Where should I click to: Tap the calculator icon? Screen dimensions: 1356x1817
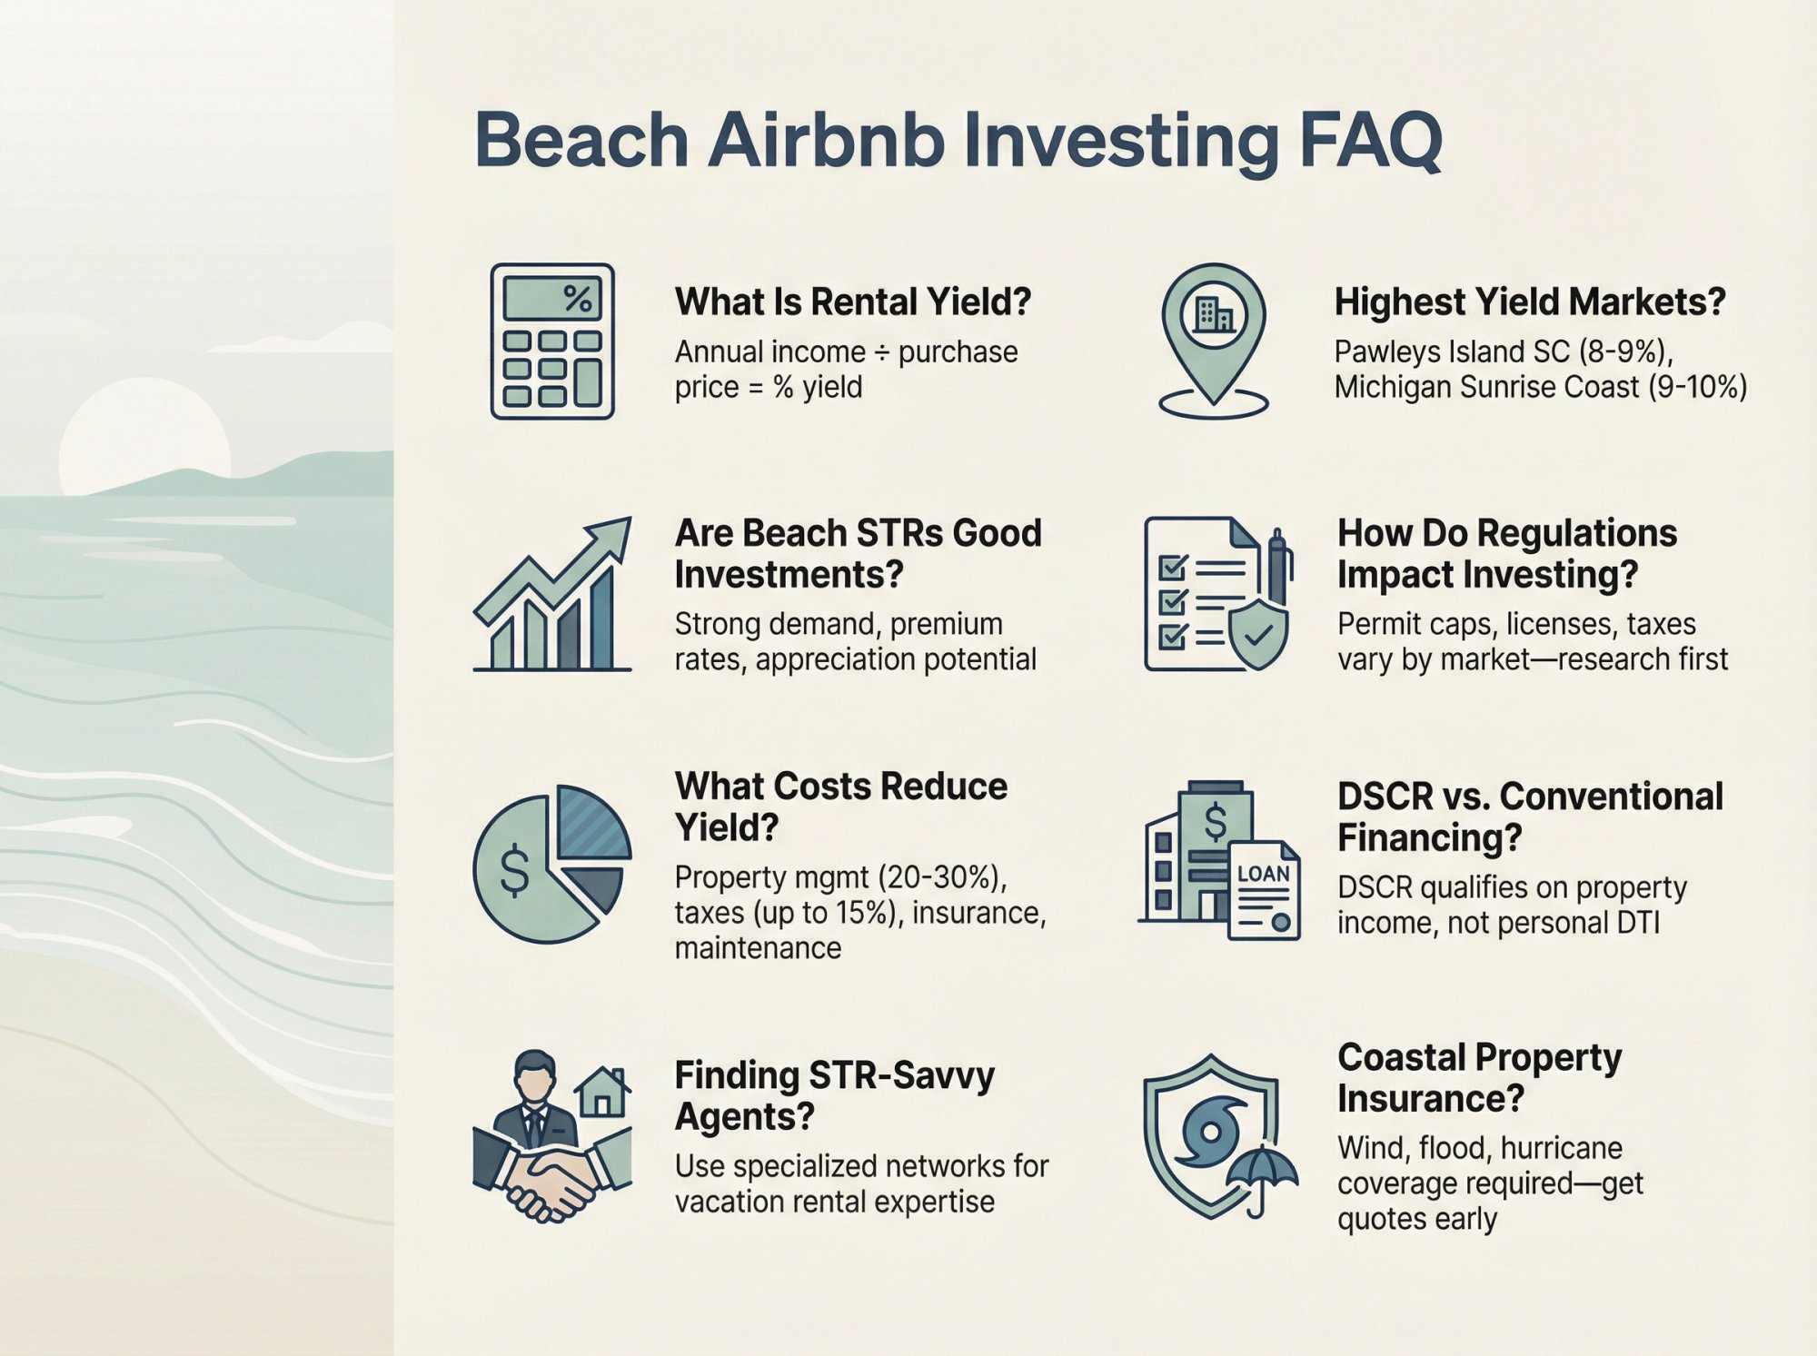coord(552,341)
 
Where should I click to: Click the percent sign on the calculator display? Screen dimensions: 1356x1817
coord(577,298)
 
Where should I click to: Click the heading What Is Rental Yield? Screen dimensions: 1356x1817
coord(852,302)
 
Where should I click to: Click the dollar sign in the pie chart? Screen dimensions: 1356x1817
coord(514,869)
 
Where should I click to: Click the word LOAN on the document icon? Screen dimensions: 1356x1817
coord(1263,874)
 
